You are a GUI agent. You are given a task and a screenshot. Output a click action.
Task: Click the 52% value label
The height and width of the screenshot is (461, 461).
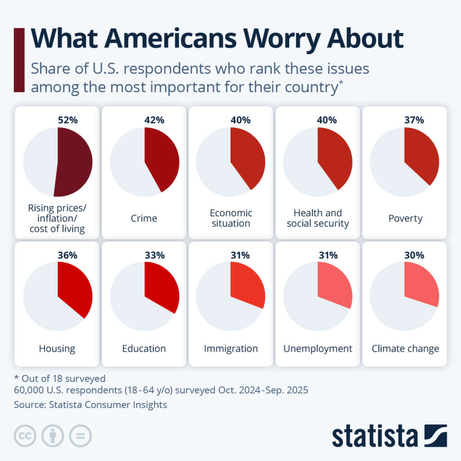(x=68, y=120)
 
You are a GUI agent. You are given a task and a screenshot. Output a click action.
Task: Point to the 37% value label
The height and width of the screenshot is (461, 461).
(x=414, y=120)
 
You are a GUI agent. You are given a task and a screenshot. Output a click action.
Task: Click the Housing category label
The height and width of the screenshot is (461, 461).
(x=57, y=348)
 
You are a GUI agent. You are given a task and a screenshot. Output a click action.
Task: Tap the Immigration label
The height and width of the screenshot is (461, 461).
(x=230, y=348)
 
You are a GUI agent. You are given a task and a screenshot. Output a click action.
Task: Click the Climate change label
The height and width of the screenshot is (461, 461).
(x=405, y=348)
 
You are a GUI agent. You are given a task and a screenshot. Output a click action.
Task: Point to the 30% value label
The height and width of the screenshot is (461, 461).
(x=414, y=255)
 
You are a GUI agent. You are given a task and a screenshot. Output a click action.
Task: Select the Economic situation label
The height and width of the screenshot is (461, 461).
(x=231, y=218)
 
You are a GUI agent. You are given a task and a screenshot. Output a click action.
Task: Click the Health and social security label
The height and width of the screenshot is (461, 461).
(x=318, y=218)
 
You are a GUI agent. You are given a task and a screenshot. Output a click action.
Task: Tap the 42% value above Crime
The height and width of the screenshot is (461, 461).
(x=154, y=120)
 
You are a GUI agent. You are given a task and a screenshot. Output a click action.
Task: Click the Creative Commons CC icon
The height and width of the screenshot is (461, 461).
(x=25, y=436)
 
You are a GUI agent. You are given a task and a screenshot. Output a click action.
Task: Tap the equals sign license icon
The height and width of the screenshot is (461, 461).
(x=80, y=436)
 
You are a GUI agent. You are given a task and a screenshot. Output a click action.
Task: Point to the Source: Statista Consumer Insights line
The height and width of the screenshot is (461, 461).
(x=90, y=405)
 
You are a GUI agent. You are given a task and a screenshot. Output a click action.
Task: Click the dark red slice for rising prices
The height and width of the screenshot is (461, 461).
(x=74, y=162)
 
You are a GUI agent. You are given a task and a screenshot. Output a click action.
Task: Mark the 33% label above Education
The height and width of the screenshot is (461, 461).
(x=154, y=255)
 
